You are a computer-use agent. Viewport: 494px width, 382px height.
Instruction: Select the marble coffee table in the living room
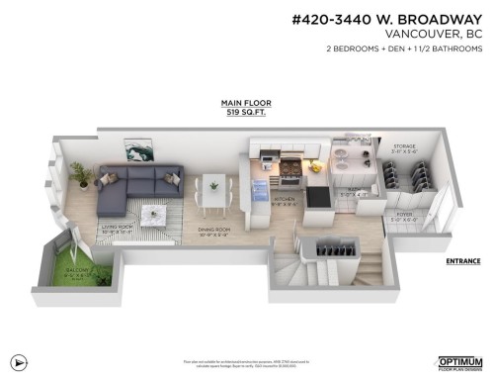click(x=153, y=214)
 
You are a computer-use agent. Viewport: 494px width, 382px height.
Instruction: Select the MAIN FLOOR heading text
click(x=247, y=103)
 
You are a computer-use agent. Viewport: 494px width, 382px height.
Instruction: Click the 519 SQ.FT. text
click(x=247, y=112)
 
